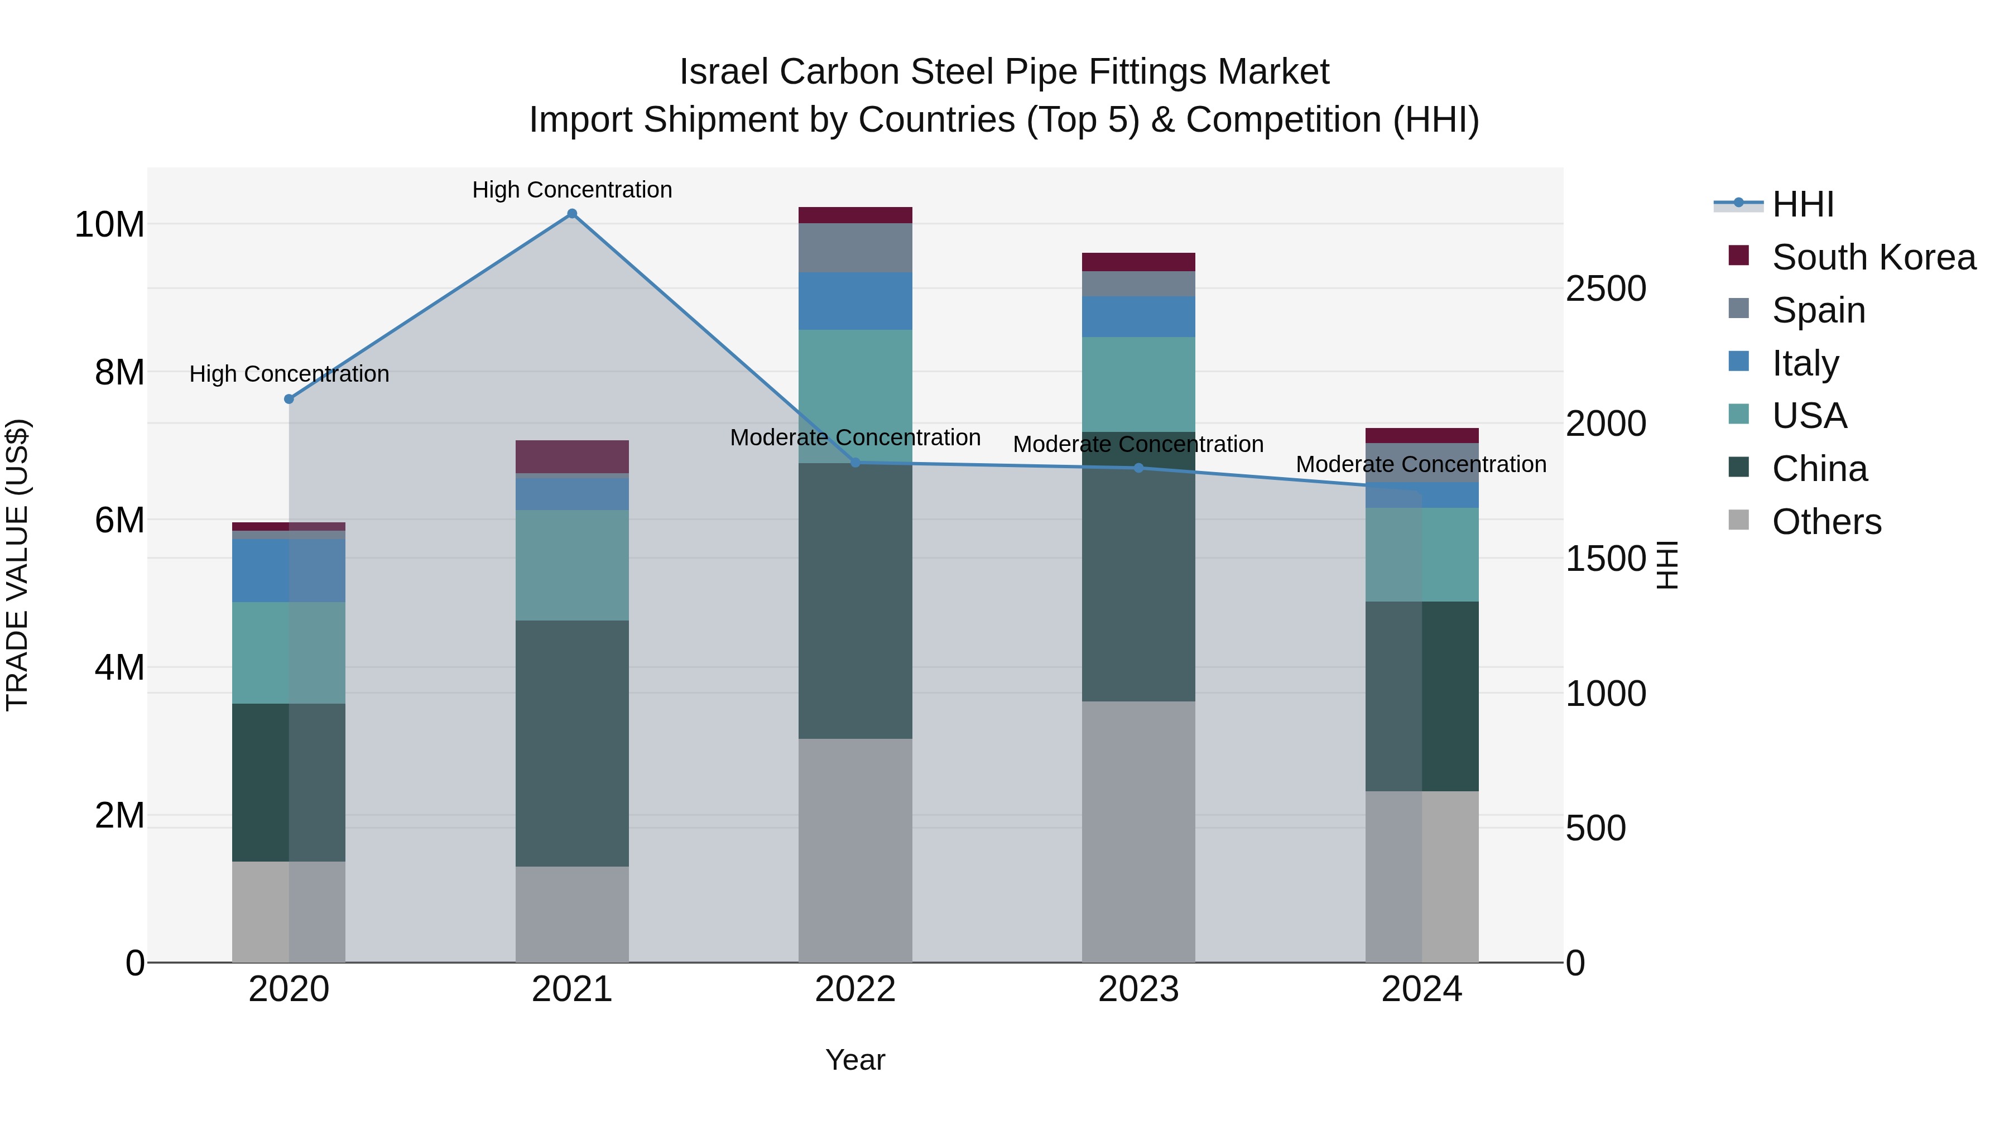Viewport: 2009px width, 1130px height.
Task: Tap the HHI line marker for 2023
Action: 1138,468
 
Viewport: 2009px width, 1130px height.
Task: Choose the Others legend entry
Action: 1826,522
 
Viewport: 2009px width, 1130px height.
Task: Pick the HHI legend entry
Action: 1803,204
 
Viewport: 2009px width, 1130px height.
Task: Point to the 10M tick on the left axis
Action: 109,224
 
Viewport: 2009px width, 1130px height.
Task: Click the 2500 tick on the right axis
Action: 1605,288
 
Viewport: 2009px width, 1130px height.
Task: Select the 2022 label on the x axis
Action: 855,989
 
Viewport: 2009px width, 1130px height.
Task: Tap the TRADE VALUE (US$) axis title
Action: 17,565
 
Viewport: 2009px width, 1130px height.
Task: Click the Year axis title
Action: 855,1060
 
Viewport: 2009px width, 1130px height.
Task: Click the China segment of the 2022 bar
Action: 855,600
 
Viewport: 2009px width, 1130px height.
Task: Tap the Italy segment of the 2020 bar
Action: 289,570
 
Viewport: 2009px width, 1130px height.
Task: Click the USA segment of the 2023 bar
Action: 1138,384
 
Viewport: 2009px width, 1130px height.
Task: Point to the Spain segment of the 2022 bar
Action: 855,247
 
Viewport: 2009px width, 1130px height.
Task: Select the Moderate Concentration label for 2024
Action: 1420,464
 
